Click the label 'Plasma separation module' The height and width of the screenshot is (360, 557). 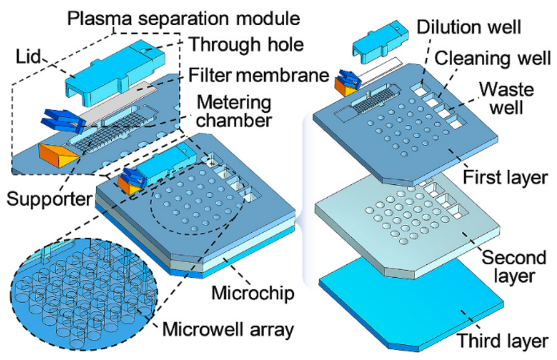point(184,17)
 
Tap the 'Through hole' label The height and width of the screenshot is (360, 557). point(238,44)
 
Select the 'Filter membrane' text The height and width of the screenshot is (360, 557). point(254,76)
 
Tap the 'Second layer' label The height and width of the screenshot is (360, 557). point(513,266)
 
